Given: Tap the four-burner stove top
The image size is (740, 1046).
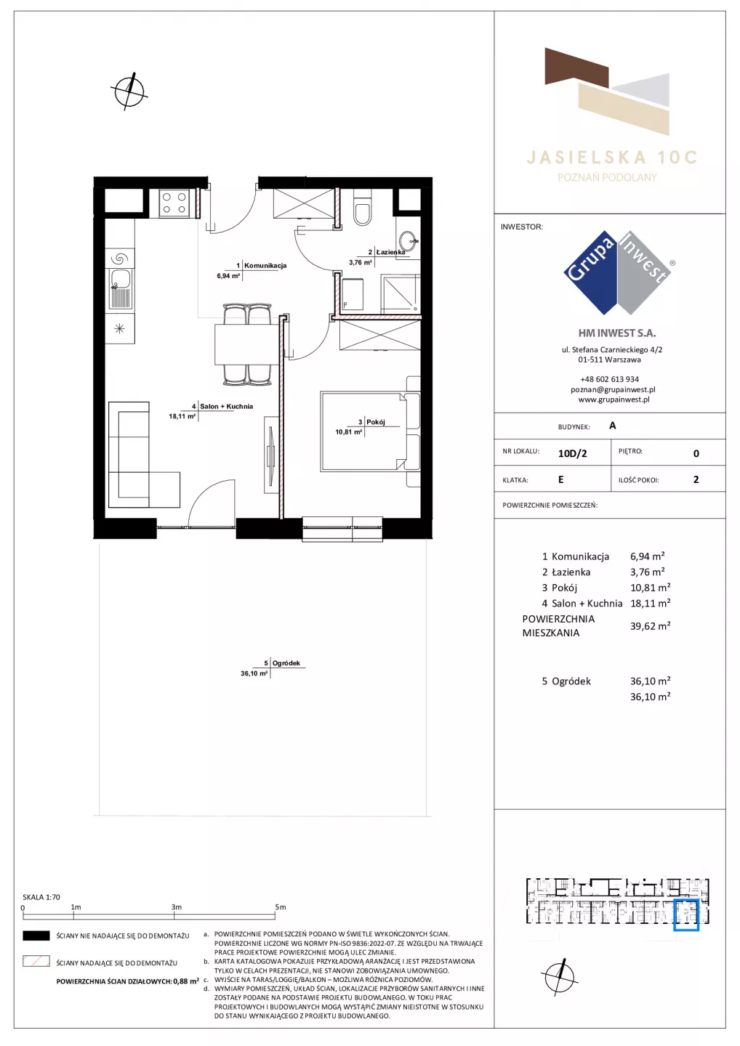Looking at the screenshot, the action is pyautogui.click(x=174, y=203).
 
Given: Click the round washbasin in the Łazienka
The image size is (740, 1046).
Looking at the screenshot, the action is pyautogui.click(x=409, y=241).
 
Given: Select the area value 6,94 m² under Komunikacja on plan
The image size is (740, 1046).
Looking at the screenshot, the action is pyautogui.click(x=228, y=276).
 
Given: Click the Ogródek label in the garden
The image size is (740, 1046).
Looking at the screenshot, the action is pyautogui.click(x=286, y=663).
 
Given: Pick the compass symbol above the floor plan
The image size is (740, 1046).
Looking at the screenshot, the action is pyautogui.click(x=129, y=91).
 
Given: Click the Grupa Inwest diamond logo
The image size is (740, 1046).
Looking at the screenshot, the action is pyautogui.click(x=617, y=272).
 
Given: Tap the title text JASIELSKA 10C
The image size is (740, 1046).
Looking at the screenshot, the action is pyautogui.click(x=611, y=158).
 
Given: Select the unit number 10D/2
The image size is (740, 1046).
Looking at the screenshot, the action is pyautogui.click(x=572, y=453).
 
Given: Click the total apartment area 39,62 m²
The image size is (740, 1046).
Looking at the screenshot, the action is pyautogui.click(x=651, y=625).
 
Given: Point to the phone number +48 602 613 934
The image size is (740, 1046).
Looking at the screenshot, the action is pyautogui.click(x=609, y=379).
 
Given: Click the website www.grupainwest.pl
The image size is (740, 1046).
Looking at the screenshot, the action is pyautogui.click(x=614, y=400).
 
